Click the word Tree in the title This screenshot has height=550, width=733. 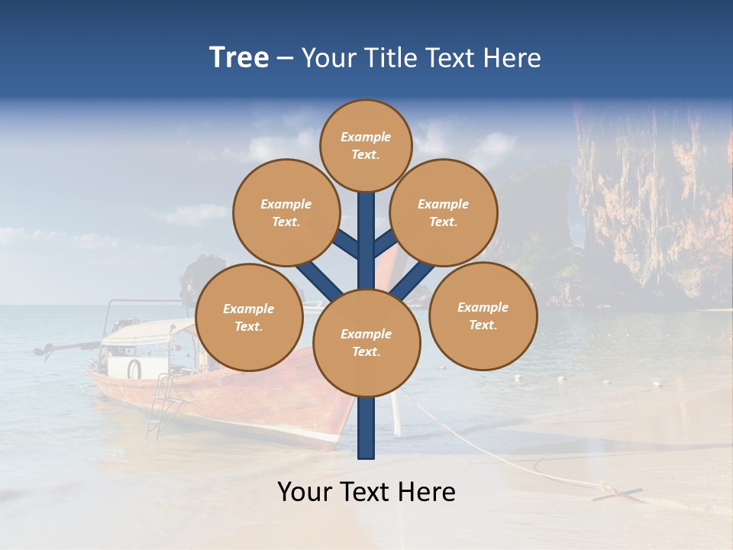pos(239,57)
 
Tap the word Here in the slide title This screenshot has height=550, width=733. pos(512,58)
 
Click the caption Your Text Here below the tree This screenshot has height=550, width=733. pos(366,492)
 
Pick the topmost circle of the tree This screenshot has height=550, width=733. pos(366,145)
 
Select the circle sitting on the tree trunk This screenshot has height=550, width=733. pos(366,343)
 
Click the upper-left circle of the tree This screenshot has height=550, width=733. pos(286,212)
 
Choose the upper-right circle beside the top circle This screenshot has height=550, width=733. pos(443,212)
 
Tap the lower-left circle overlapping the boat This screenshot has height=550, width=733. pos(249,317)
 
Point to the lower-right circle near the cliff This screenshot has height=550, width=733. pos(483,315)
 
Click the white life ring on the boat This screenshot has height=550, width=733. pos(134,369)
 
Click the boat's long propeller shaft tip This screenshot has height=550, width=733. pos(38,351)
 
